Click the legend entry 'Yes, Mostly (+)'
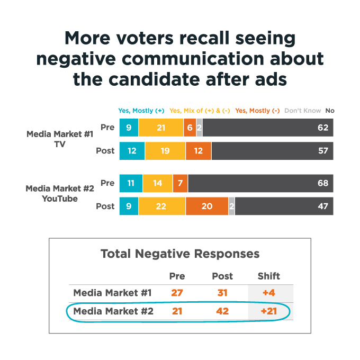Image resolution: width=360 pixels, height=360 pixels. click(141, 111)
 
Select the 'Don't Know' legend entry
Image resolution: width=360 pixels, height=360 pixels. click(303, 111)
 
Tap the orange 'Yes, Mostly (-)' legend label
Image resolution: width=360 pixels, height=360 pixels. click(257, 111)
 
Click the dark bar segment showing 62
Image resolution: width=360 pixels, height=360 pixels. click(268, 128)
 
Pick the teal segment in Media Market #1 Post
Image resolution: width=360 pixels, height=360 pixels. click(132, 151)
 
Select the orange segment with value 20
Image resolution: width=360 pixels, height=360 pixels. click(207, 206)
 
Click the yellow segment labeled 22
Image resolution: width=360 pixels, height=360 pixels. click(162, 206)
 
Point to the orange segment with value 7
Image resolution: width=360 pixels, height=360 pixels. click(180, 183)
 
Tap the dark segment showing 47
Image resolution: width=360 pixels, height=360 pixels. click(284, 206)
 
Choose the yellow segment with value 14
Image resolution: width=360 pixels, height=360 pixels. click(158, 183)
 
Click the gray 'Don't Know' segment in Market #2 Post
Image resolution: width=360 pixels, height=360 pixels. click(232, 206)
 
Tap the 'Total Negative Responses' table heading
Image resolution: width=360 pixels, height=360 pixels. click(180, 254)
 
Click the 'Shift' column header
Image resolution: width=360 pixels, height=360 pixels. click(269, 276)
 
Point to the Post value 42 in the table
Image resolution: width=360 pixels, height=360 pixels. click(222, 311)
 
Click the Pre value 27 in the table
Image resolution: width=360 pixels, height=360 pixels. click(177, 293)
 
